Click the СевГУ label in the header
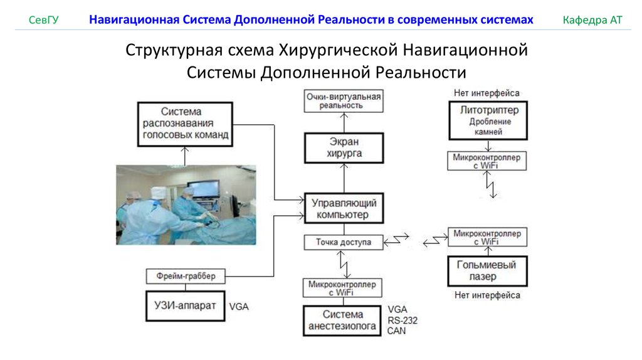pyautogui.click(x=44, y=20)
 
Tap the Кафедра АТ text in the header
pyautogui.click(x=592, y=20)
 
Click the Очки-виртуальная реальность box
pyautogui.click(x=344, y=100)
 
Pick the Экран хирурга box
pyautogui.click(x=344, y=147)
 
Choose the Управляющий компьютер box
pyautogui.click(x=343, y=209)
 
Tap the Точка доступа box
pyautogui.click(x=343, y=241)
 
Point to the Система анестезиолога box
pyautogui.click(x=342, y=320)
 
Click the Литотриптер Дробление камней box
pyautogui.click(x=487, y=121)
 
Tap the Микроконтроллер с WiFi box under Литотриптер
pyautogui.click(x=487, y=161)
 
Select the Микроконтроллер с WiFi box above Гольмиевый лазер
pyautogui.click(x=487, y=237)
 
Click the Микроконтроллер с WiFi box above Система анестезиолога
pyautogui.click(x=342, y=288)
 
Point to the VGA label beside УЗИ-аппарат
pyautogui.click(x=240, y=307)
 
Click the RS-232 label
pyautogui.click(x=402, y=320)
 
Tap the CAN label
pyautogui.click(x=397, y=330)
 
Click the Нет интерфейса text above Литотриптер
pyautogui.click(x=487, y=93)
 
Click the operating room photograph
pyautogui.click(x=186, y=204)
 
